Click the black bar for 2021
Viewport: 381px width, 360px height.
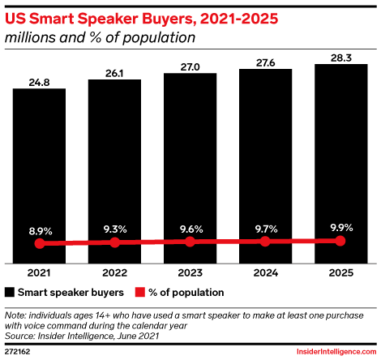click(39, 176)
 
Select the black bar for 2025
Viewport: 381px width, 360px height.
click(341, 164)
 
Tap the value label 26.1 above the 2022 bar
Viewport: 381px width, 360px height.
click(114, 73)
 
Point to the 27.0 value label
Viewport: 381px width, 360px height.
click(190, 67)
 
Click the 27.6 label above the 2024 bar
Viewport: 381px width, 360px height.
click(265, 62)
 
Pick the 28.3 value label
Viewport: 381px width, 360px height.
click(341, 58)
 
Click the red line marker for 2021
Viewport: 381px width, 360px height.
click(40, 243)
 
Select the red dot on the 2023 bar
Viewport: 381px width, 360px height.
click(190, 242)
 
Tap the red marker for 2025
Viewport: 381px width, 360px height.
click(340, 241)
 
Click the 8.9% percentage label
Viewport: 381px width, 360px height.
click(41, 231)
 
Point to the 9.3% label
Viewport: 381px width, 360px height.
click(115, 229)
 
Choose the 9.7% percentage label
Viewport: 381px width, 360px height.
click(266, 229)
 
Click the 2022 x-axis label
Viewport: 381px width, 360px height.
click(114, 272)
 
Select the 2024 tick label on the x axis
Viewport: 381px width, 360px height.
click(266, 272)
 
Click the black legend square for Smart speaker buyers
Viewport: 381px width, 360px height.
click(10, 293)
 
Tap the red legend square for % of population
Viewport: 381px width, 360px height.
click(139, 293)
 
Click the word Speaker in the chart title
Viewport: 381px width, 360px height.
click(108, 19)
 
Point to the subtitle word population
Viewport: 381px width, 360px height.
click(159, 37)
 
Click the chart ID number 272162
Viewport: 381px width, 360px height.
click(18, 352)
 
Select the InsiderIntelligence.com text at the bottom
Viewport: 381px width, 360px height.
click(336, 352)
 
